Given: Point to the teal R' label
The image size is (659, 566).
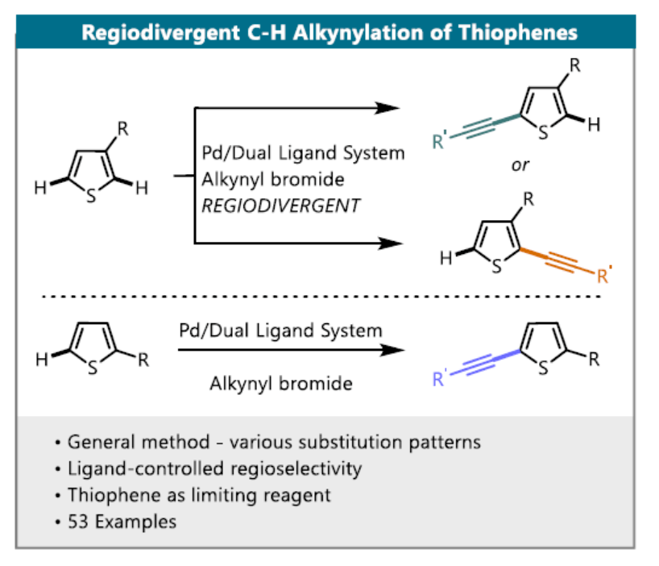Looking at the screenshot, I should click(x=441, y=144).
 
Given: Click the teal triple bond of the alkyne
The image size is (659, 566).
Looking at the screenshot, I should click(x=482, y=127).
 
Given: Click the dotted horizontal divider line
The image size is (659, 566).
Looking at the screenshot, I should click(x=322, y=297).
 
